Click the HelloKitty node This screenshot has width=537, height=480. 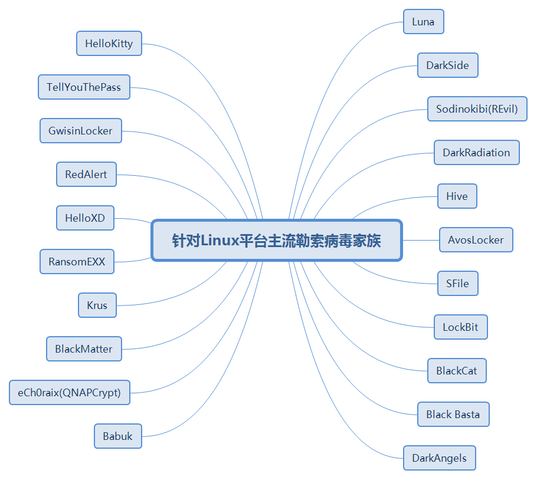coord(109,44)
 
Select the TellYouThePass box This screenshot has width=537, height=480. coord(84,87)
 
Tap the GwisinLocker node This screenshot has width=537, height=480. coord(80,131)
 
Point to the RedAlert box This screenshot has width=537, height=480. coord(86,175)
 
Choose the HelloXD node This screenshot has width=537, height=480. coord(85,218)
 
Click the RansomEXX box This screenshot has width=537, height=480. coord(77,262)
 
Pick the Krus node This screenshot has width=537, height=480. coord(97,305)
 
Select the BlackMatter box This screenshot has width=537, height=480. coord(84,349)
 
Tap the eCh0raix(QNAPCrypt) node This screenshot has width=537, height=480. coord(69,393)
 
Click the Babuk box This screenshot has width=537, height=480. coord(118,436)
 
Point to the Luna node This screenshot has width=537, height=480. coord(423,22)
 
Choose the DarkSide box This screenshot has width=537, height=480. coord(447,65)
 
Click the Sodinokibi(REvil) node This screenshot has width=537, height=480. coord(477,109)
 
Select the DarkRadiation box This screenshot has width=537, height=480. coord(476,153)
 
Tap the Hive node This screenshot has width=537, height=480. coord(457,196)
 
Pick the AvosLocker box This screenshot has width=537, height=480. coord(476,240)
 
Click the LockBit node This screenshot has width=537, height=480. coord(460,327)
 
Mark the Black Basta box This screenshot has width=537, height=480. coord(453,415)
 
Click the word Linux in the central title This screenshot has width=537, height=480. coord(220,241)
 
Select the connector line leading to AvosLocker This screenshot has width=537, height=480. coord(420,240)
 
